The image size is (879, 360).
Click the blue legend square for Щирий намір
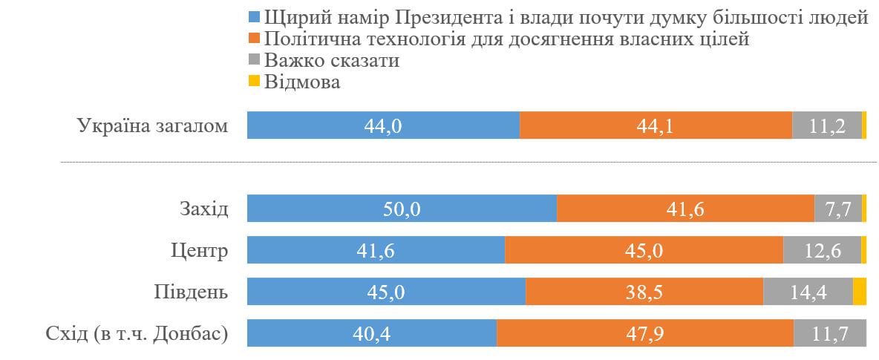click(254, 17)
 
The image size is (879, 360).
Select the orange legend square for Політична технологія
click(254, 39)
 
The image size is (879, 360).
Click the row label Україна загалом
click(152, 125)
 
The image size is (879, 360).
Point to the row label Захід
click(203, 209)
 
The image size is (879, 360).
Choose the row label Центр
click(199, 250)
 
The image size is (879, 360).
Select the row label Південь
click(191, 292)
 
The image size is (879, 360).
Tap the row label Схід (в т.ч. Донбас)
click(136, 333)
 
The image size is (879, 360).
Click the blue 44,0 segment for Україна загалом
click(383, 125)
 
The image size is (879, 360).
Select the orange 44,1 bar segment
click(656, 125)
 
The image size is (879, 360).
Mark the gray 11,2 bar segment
click(827, 125)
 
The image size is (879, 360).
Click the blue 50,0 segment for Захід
click(402, 209)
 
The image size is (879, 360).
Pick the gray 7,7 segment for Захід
click(838, 209)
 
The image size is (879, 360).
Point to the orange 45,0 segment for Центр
click(644, 250)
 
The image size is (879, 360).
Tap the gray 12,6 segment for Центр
click(822, 250)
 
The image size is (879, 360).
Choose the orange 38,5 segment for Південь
click(644, 292)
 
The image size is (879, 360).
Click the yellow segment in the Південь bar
click(860, 292)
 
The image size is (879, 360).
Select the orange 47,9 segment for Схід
click(644, 333)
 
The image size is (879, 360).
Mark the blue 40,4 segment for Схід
click(371, 333)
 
